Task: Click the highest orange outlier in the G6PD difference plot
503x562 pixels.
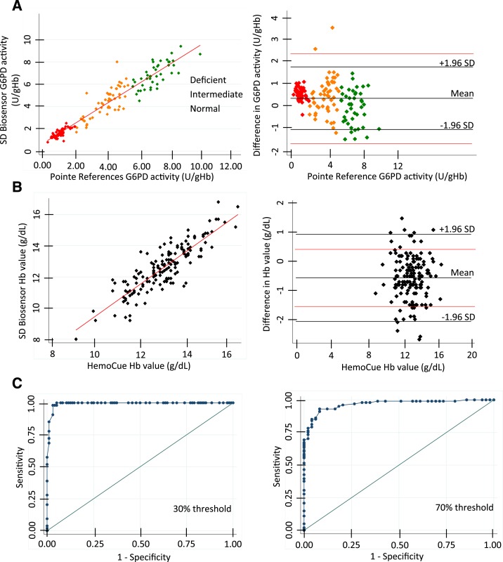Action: [x=332, y=27]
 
